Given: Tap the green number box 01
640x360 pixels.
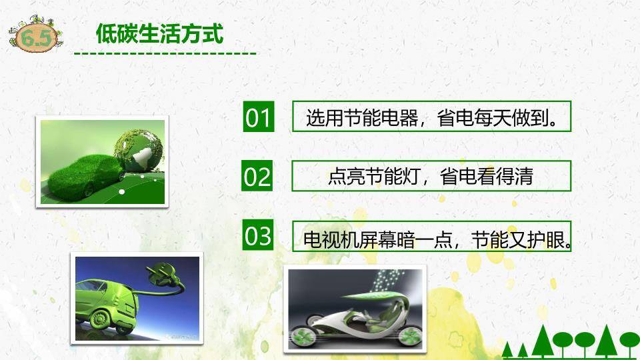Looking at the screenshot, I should point(257,117).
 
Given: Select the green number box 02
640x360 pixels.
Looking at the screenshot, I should point(257,177).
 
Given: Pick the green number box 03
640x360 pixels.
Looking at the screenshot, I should point(258,236).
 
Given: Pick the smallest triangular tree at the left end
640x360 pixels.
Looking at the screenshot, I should point(507,351).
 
